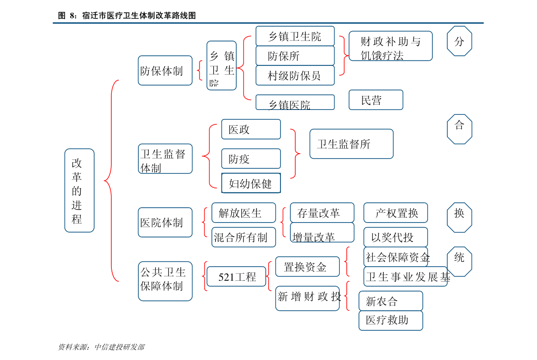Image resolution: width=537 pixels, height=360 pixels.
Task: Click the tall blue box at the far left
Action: (79, 190)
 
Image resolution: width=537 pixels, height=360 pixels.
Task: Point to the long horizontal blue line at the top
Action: (268, 23)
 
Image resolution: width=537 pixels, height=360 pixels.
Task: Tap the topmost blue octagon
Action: (459, 41)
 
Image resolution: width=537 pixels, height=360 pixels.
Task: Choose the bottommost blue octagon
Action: (459, 262)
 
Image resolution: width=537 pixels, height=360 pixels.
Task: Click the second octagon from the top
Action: (459, 129)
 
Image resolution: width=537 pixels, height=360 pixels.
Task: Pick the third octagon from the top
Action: (459, 218)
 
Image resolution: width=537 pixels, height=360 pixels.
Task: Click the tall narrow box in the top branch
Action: (221, 65)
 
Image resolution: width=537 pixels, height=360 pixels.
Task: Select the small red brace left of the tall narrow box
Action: (200, 70)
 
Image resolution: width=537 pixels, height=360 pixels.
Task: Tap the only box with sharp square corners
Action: (251, 183)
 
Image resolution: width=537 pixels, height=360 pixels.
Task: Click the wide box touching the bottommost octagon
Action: (405, 276)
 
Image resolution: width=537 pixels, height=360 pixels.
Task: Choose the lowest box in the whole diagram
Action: (390, 320)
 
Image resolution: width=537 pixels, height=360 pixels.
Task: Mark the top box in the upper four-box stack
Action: (295, 36)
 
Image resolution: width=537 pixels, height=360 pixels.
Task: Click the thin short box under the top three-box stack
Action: (295, 102)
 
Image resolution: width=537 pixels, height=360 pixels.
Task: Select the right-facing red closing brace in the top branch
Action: (343, 55)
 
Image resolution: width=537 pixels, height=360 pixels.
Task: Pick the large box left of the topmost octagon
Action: (390, 46)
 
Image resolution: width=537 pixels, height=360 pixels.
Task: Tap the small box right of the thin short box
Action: (376, 100)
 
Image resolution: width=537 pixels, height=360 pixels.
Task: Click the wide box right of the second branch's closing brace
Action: (351, 144)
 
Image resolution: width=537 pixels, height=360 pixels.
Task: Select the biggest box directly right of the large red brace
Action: (165, 281)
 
